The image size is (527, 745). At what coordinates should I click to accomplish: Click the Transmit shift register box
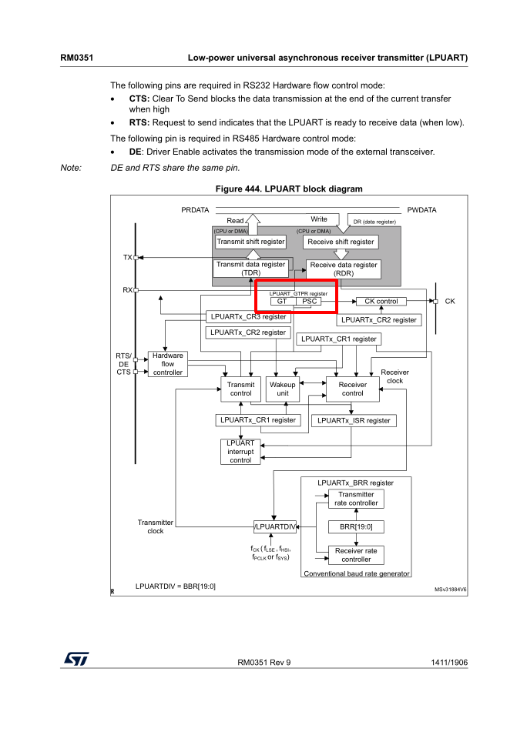pos(250,242)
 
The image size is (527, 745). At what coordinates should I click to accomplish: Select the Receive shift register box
pos(341,242)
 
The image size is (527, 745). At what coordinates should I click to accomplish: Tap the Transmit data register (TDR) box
pos(250,268)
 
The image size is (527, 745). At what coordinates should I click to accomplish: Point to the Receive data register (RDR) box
pos(344,268)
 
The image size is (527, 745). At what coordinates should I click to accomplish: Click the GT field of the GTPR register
pos(282,302)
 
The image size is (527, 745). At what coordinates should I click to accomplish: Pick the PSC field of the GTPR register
pos(310,302)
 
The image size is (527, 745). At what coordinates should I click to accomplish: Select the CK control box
pos(381,302)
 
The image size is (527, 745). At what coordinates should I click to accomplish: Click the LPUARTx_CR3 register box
pos(248,316)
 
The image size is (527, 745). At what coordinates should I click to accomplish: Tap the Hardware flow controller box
pos(168,364)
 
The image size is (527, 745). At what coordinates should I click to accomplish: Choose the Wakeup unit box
pos(283,389)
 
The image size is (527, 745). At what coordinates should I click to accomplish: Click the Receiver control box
pos(353,389)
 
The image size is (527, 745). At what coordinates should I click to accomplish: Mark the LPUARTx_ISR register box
pos(354,420)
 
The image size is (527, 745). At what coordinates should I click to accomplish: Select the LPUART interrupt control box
pos(240,452)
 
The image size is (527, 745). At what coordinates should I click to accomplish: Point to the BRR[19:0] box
pos(355,527)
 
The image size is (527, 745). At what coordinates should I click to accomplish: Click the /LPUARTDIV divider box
pos(275,527)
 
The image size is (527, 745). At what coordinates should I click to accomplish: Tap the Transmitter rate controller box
pos(355,499)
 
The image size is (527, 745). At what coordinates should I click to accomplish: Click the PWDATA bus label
pos(421,209)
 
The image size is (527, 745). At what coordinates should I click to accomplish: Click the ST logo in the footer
pos(76,660)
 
